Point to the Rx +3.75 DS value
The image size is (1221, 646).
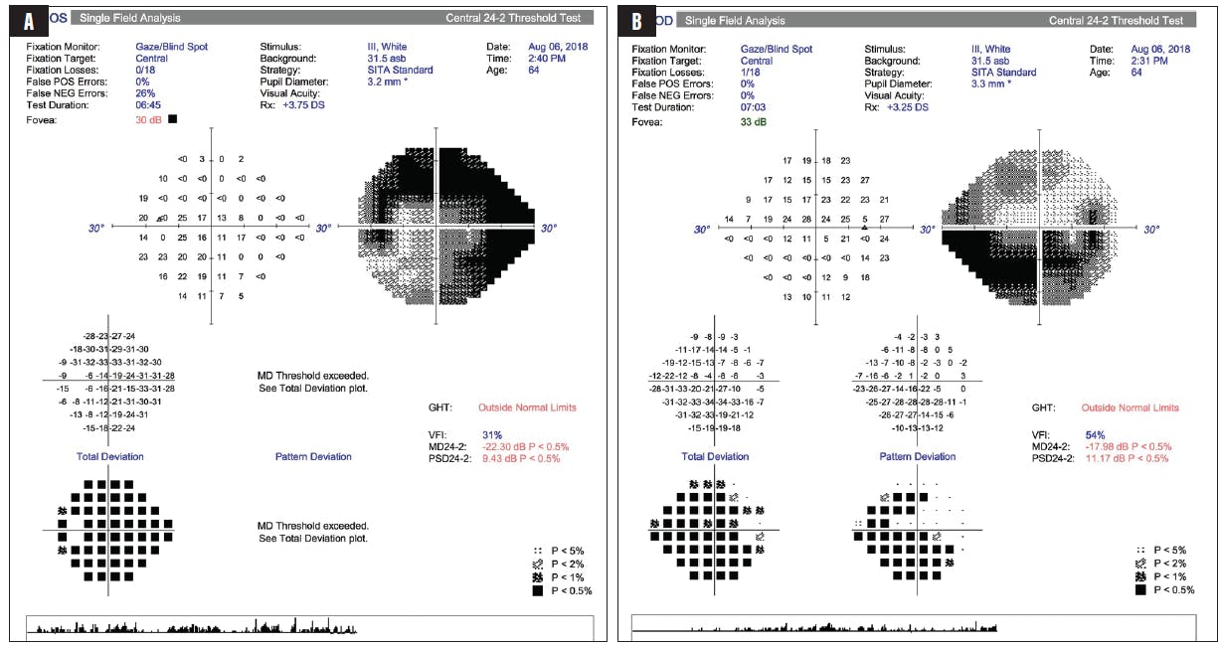[x=303, y=106]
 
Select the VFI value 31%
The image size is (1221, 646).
[x=492, y=435]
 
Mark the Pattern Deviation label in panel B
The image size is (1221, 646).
[x=918, y=457]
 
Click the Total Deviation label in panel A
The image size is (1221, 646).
[x=109, y=457]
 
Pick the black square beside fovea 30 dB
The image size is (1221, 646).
[x=173, y=119]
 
